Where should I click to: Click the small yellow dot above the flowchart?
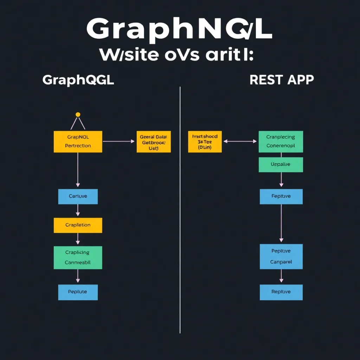coord(78,115)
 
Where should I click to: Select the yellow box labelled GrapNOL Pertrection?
coord(78,142)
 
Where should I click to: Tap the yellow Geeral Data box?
coord(154,142)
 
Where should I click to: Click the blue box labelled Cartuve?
coord(78,197)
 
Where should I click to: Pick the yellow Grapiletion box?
coord(78,225)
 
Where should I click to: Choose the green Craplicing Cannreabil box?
coord(78,257)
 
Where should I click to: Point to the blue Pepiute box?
coord(78,292)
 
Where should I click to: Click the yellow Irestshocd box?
coord(205,142)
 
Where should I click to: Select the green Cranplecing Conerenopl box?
coord(281,142)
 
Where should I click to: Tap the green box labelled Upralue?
coord(281,165)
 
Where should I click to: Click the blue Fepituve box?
coord(281,197)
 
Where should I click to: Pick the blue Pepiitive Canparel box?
coord(281,257)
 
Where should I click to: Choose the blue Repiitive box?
coord(281,292)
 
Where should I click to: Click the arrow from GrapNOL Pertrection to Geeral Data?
coord(118,141)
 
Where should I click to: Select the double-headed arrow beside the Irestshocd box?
coord(240,141)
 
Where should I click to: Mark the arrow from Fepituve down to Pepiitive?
coord(281,224)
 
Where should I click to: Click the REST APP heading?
coord(282,80)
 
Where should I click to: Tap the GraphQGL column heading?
coord(78,80)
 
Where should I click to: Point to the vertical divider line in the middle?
coord(180,211)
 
